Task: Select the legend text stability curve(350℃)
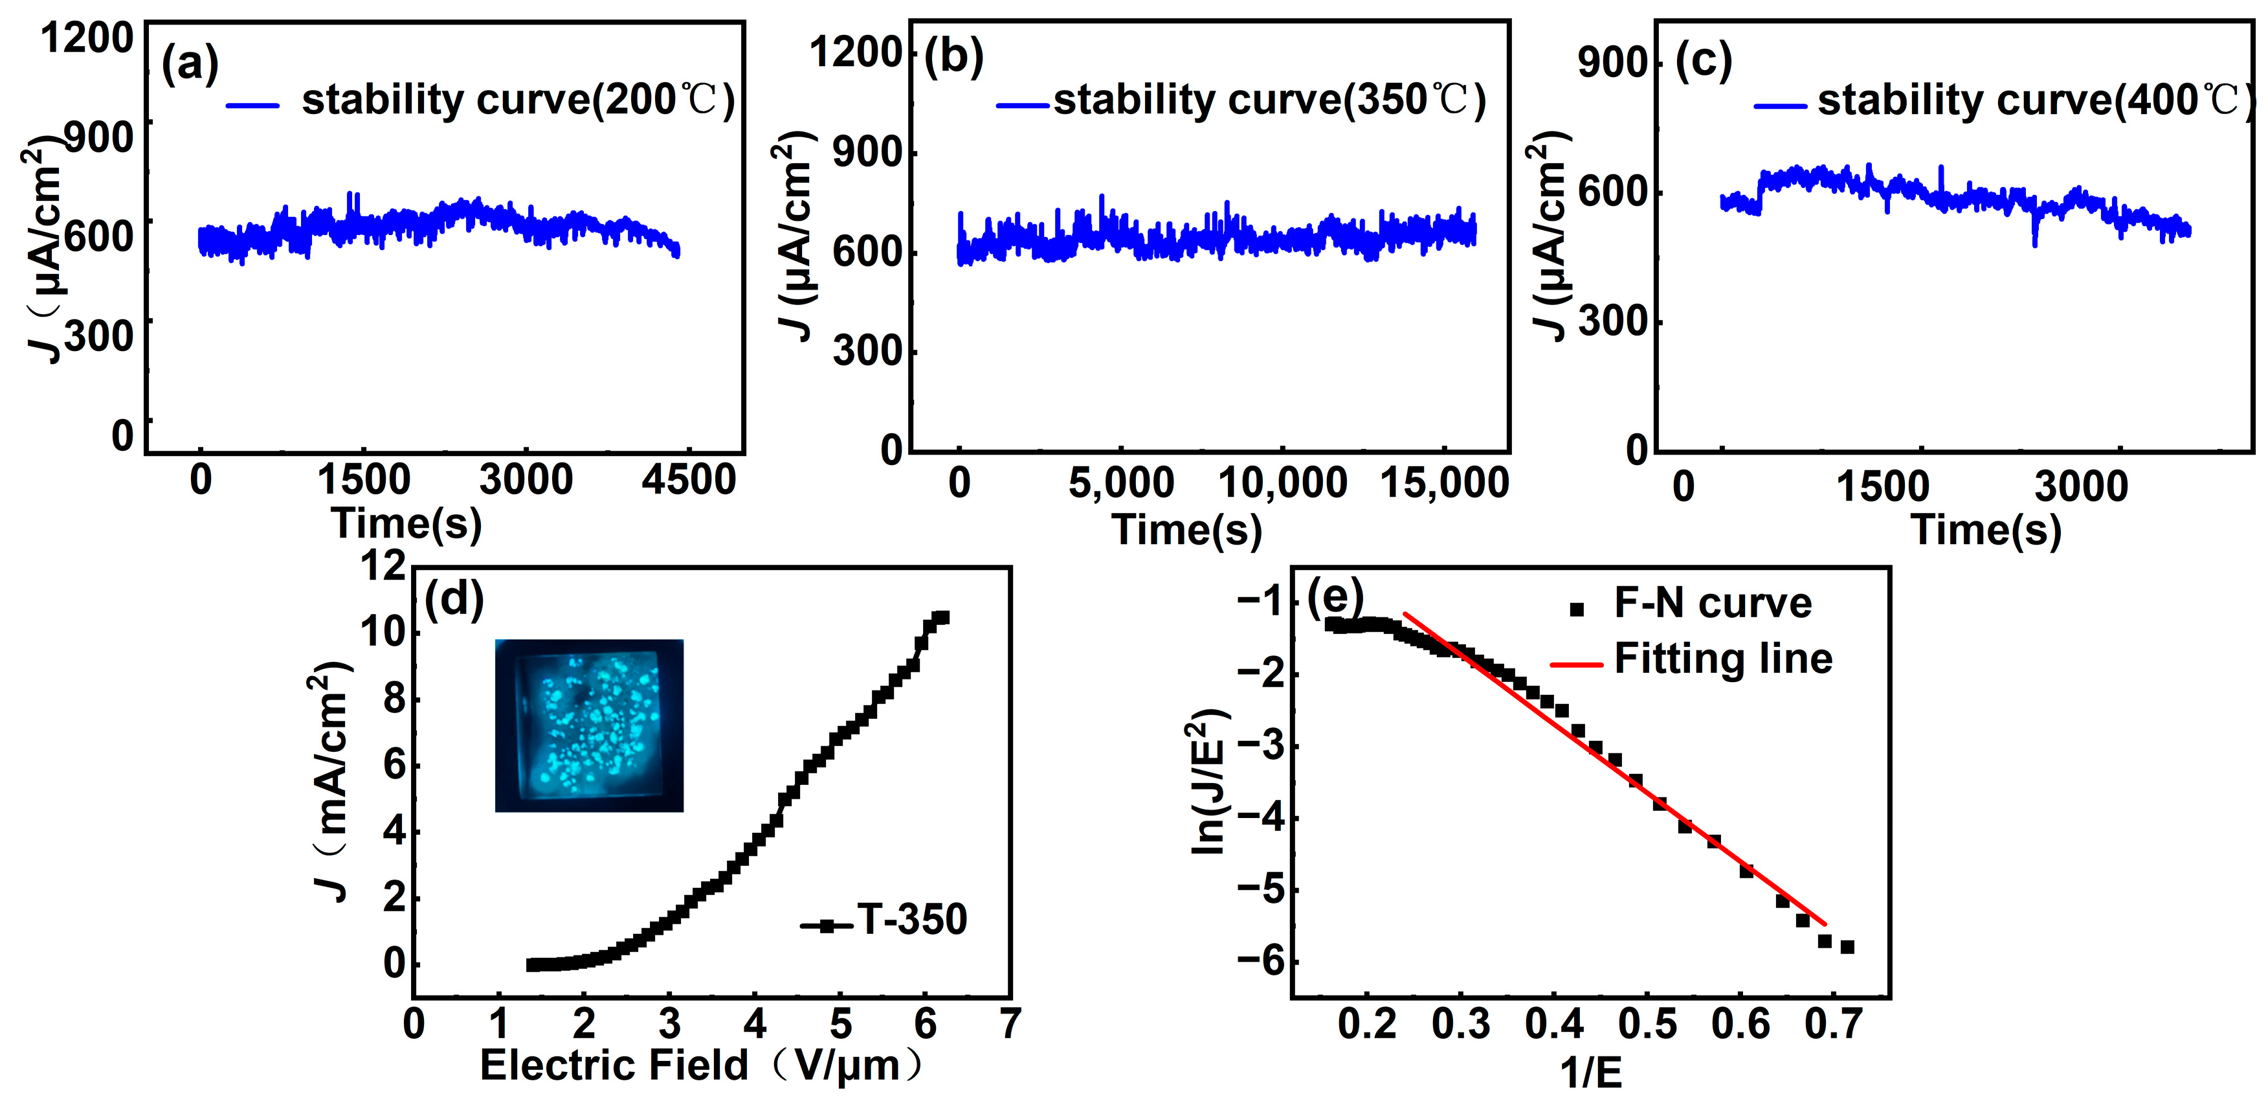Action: tap(1269, 100)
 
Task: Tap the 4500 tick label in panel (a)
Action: tap(689, 480)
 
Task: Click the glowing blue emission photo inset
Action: tap(589, 725)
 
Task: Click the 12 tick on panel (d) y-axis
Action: tap(383, 565)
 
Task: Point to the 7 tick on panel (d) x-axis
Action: tap(1010, 1024)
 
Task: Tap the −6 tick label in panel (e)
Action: tap(1261, 961)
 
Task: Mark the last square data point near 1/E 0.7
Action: tap(1847, 947)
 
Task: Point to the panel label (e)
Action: tap(1335, 597)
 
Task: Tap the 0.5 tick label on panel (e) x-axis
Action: tap(1647, 1024)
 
